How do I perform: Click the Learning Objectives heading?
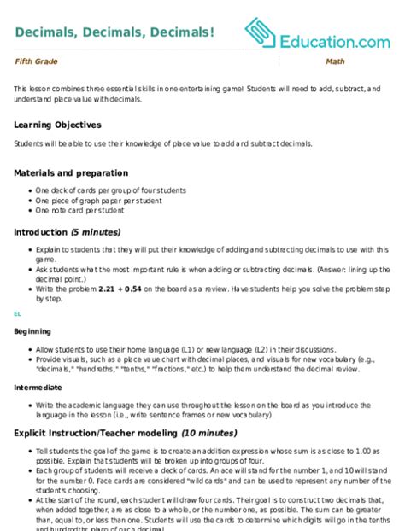(58, 124)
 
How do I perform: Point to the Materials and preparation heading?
(71, 172)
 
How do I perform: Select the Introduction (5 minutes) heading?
(67, 231)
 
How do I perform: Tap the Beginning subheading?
(33, 330)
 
